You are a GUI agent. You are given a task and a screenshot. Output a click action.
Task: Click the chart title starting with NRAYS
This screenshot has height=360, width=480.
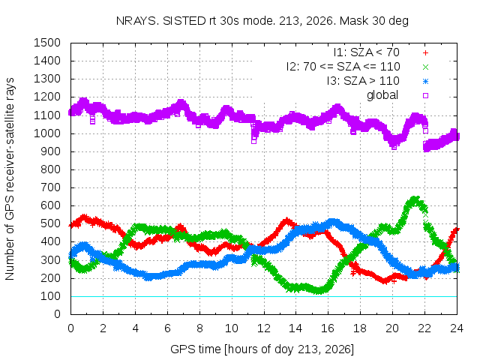point(262,21)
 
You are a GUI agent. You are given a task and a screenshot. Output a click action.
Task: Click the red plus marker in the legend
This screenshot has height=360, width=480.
point(425,53)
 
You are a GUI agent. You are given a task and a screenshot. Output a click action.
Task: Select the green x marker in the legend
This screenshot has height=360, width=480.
point(425,67)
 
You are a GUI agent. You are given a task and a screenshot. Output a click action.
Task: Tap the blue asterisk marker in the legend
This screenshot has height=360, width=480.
point(425,82)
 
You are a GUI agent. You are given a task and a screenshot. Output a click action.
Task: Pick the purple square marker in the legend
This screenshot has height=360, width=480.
point(425,95)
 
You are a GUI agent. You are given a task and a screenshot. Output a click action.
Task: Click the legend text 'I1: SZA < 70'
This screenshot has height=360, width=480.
point(367,52)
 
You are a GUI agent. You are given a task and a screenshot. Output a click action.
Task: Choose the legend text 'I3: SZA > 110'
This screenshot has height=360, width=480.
point(363,81)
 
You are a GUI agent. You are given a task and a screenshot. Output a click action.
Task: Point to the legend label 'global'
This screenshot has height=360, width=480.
point(382,95)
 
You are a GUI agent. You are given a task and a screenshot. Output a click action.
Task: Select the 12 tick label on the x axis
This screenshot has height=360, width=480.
point(263,328)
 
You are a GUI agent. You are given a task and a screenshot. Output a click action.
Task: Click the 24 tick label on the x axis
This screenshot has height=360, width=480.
point(457,328)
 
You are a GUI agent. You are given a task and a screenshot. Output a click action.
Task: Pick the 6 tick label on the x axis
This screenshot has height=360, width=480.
point(167,328)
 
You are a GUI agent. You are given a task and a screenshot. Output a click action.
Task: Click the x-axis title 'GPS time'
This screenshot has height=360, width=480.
point(195,349)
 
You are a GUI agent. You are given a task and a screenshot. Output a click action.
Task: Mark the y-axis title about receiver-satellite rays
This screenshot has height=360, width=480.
point(10,178)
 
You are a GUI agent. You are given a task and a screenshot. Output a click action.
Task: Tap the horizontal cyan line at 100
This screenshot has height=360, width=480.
point(263,296)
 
